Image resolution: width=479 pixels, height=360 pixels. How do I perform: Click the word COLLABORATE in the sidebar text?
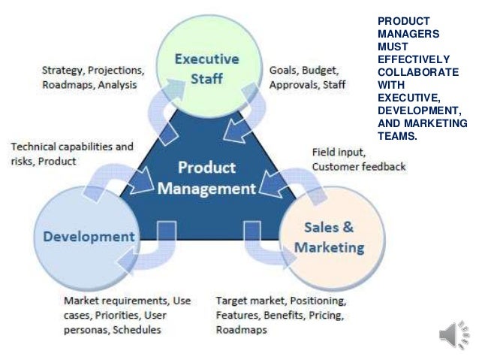(418, 71)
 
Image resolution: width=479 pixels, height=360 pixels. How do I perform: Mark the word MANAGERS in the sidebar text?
(408, 33)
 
